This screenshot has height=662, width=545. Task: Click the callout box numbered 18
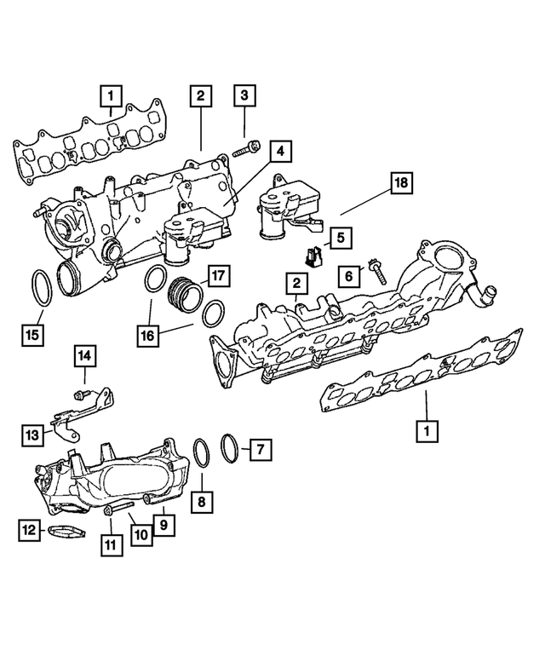[401, 183]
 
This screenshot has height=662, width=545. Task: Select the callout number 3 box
[244, 96]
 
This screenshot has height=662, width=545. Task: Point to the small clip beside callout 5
[314, 254]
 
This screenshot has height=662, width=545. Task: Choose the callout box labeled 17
[220, 275]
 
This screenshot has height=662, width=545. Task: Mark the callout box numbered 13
[32, 435]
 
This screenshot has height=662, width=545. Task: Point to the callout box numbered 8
[201, 503]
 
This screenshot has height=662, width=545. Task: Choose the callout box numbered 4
[279, 153]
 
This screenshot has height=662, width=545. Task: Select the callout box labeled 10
[141, 534]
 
